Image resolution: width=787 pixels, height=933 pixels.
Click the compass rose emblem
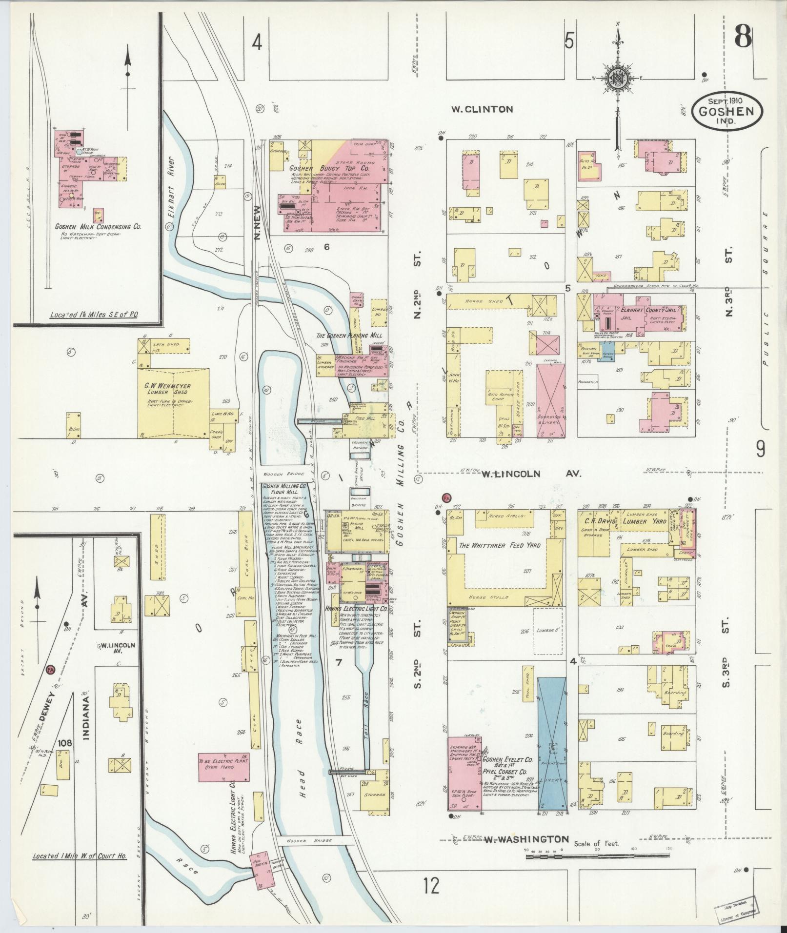coord(617,77)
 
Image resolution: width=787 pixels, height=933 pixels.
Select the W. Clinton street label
coord(482,109)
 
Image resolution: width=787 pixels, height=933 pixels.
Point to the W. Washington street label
coord(526,498)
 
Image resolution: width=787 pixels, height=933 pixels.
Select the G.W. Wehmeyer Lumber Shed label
coord(167,390)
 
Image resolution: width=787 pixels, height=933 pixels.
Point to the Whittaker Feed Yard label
coord(500,545)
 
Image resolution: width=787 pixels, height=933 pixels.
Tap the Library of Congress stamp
coord(738,912)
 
